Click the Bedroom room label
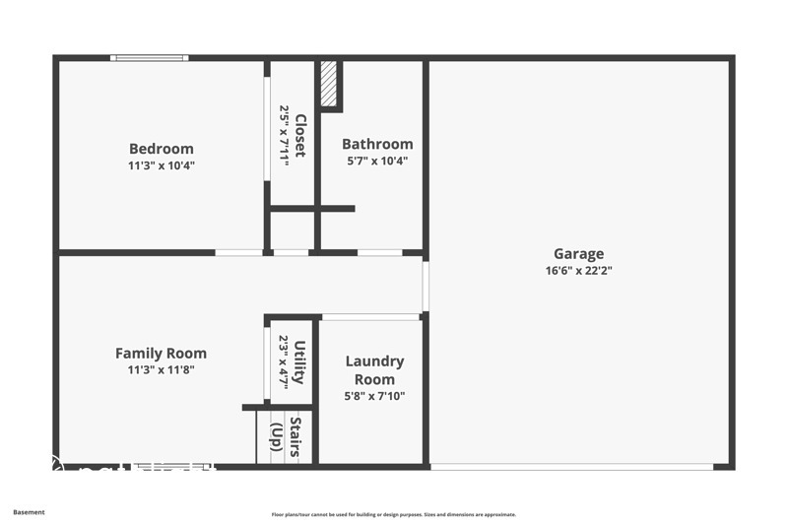[161, 149]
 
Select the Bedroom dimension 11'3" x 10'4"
[161, 165]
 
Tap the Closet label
[299, 136]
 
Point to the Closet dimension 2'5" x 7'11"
[284, 136]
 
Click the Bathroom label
[377, 144]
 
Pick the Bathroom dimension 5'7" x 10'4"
[377, 161]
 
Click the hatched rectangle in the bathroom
[329, 86]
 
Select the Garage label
[578, 253]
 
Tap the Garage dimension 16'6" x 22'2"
[578, 270]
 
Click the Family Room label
[161, 353]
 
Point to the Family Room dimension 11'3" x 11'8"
[161, 369]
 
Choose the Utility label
[299, 362]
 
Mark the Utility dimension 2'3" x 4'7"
[284, 362]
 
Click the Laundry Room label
[374, 369]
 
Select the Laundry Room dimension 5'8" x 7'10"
[374, 396]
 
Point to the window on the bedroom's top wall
[149, 58]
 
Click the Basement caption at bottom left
[29, 512]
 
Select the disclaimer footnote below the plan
[393, 514]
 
